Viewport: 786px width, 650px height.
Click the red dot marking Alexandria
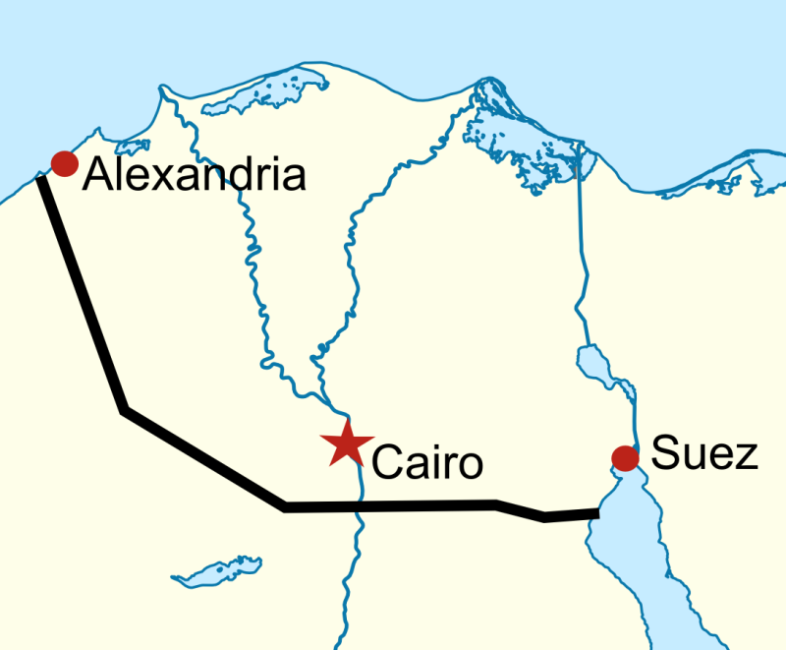pyautogui.click(x=65, y=163)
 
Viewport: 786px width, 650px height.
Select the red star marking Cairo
pyautogui.click(x=346, y=443)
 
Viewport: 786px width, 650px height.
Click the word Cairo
pyautogui.click(x=428, y=462)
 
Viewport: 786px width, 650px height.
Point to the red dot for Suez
pyautogui.click(x=624, y=457)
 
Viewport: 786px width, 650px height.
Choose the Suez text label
pyautogui.click(x=705, y=454)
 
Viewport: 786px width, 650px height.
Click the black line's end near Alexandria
pyautogui.click(x=41, y=180)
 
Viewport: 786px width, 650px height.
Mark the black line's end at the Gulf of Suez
pyautogui.click(x=596, y=512)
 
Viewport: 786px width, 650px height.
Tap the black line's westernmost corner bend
pyautogui.click(x=124, y=410)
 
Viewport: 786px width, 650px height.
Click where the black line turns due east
pyautogui.click(x=285, y=507)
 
